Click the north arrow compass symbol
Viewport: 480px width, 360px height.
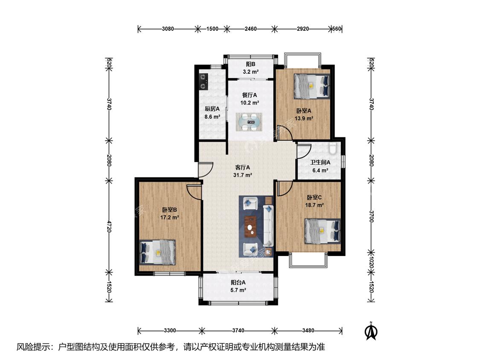[x=371, y=331]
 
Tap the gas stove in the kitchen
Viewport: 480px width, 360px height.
[x=204, y=82]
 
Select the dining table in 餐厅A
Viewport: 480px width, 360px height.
[x=249, y=122]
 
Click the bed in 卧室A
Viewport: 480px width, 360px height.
[x=312, y=86]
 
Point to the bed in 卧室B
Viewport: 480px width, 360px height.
[x=157, y=253]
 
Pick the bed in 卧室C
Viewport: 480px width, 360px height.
[x=323, y=231]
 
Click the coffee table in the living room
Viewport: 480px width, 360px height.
[x=251, y=227]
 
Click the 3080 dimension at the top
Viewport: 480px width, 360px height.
[x=168, y=29]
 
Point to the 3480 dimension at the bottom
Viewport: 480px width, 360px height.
[x=308, y=331]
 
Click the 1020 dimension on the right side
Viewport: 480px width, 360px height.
[x=371, y=262]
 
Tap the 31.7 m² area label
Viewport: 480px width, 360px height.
[x=242, y=175]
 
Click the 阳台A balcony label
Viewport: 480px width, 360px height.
[x=238, y=282]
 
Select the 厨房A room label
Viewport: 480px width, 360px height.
[x=212, y=109]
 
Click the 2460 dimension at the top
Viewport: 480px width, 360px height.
[x=250, y=29]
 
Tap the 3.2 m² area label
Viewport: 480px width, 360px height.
[x=251, y=72]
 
